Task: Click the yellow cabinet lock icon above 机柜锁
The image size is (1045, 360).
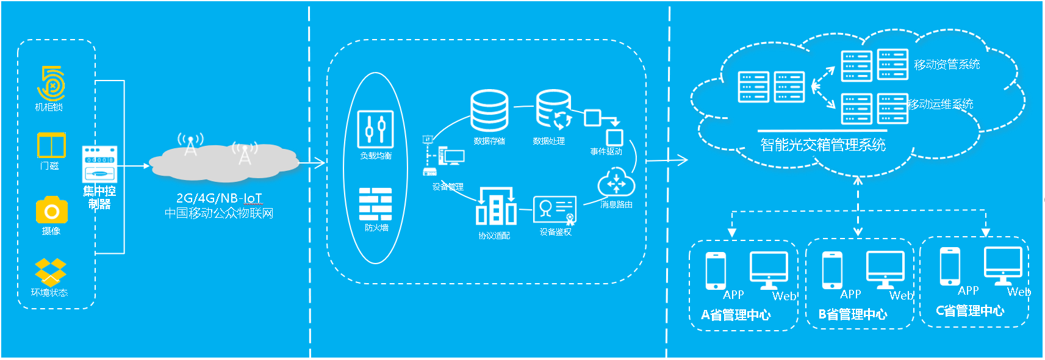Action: tap(51, 84)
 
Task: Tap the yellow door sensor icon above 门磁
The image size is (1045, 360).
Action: tap(51, 146)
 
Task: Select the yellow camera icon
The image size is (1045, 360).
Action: tap(51, 211)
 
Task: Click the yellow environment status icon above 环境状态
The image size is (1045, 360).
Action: tap(50, 272)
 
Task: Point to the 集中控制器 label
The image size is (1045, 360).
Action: tap(99, 198)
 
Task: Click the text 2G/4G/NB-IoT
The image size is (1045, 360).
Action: tap(219, 198)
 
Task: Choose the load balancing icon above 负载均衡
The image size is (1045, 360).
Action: tap(375, 129)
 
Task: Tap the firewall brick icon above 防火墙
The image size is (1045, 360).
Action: tap(375, 204)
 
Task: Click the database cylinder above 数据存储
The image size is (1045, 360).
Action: tap(489, 110)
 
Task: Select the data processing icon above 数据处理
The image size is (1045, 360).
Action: tap(553, 110)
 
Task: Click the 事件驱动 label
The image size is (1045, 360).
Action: tap(606, 151)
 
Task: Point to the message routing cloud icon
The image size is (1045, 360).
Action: tap(616, 182)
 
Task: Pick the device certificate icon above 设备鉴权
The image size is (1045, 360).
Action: tap(555, 211)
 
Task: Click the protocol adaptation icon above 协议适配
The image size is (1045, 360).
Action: tap(495, 207)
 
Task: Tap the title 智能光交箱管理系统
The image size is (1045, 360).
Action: tap(823, 145)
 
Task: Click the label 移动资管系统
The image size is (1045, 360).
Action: tap(947, 65)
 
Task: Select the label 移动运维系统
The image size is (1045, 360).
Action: tap(940, 104)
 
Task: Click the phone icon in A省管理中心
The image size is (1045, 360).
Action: tap(716, 270)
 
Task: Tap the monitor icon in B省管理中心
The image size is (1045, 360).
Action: tap(885, 269)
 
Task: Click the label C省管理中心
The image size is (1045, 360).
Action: tap(970, 311)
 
